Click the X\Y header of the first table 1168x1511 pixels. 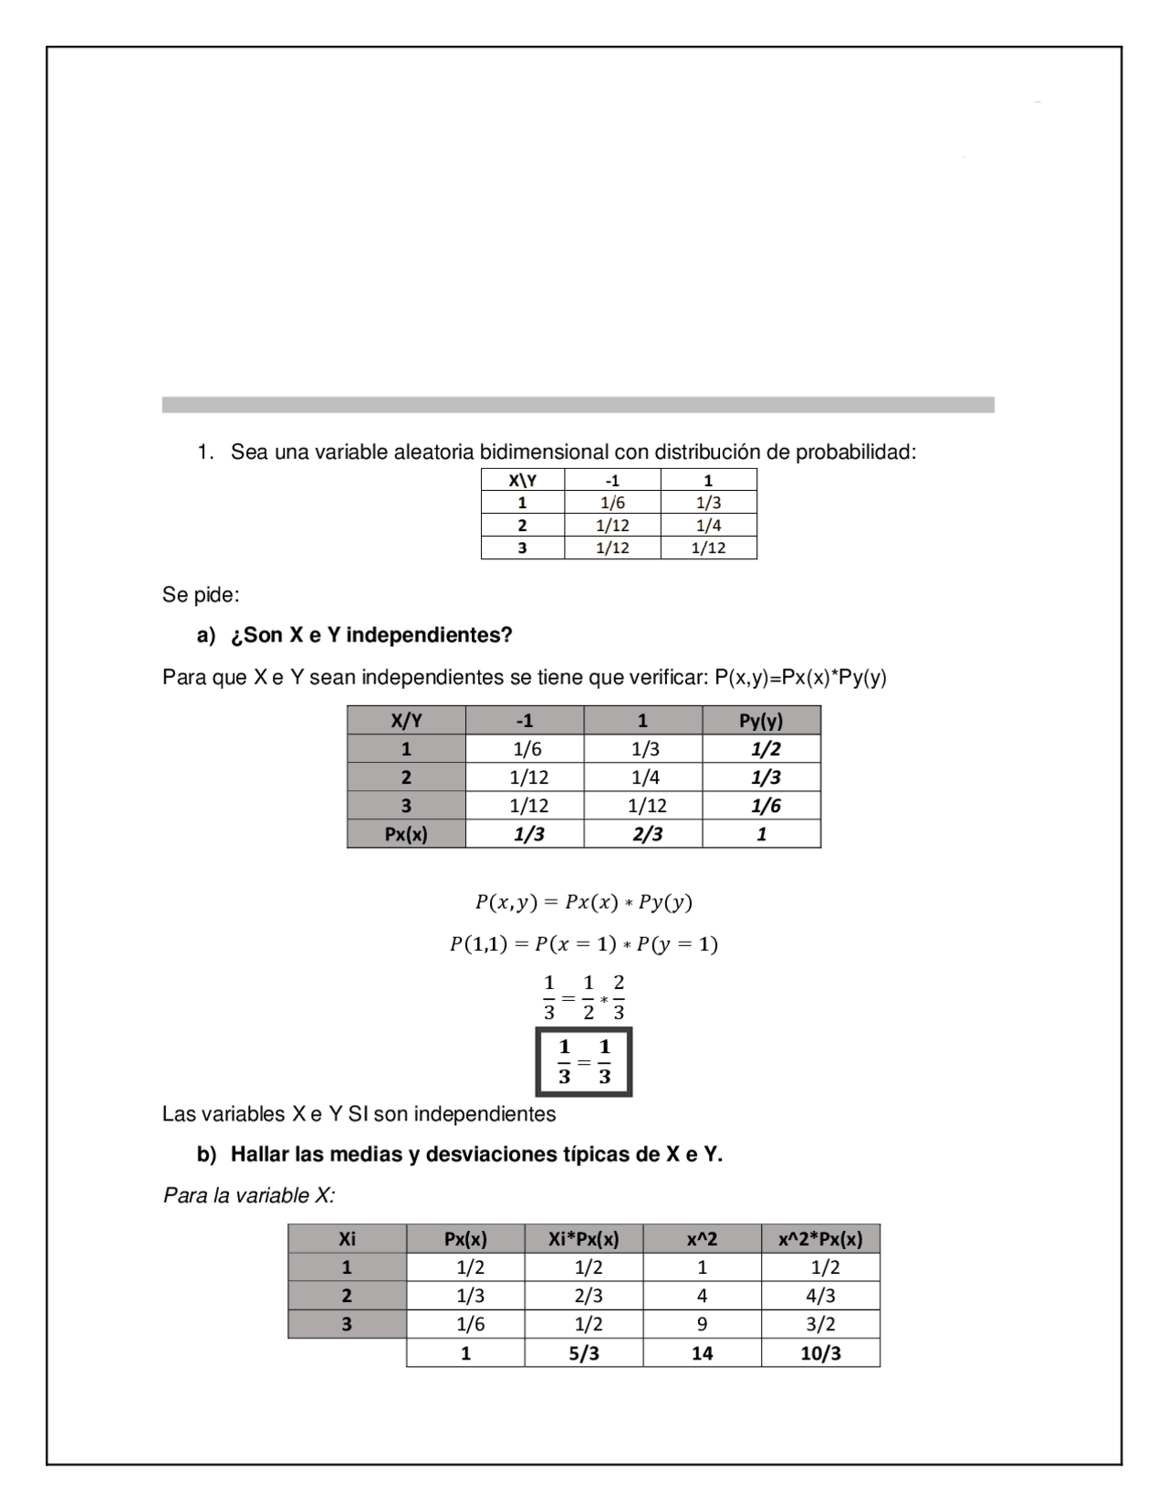click(522, 480)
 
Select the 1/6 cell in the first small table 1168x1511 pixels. click(612, 503)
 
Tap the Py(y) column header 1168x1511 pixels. click(761, 721)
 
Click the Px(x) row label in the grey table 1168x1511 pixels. click(406, 834)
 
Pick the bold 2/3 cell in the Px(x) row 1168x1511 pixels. click(647, 834)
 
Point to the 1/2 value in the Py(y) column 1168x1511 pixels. click(765, 749)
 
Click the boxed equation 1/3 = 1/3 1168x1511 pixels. click(584, 1062)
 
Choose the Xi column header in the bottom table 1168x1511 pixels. click(347, 1239)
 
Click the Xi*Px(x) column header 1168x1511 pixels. click(584, 1239)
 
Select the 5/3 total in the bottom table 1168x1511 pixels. click(584, 1353)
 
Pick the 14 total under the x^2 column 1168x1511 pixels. click(702, 1353)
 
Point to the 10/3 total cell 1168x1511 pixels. click(820, 1353)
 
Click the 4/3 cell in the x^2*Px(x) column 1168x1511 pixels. click(820, 1296)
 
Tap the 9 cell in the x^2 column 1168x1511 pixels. click(702, 1324)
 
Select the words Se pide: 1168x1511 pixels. click(201, 595)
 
